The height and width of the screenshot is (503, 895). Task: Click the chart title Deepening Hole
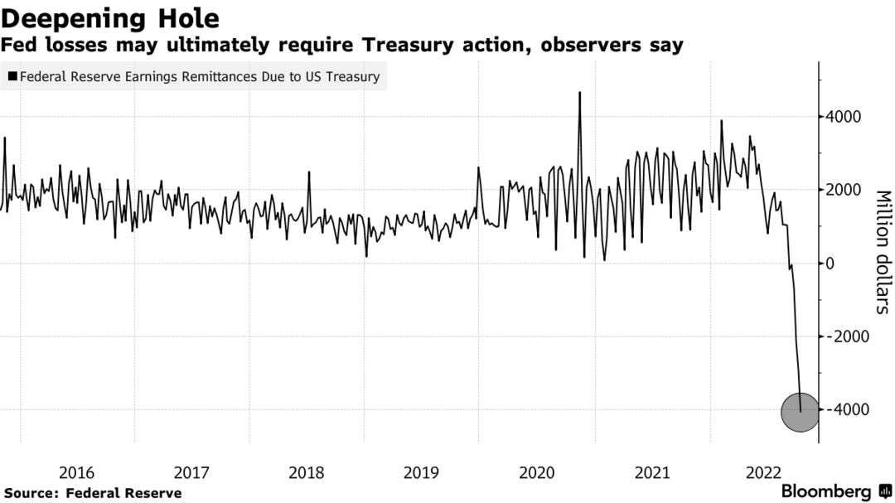(111, 17)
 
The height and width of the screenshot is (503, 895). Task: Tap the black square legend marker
(12, 77)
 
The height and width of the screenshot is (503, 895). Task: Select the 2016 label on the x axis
(76, 473)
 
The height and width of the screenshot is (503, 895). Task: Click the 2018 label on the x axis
(306, 473)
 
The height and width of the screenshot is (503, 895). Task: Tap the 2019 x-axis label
(421, 473)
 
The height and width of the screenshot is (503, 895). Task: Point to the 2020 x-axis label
(536, 473)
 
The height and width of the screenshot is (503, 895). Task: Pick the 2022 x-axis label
(765, 473)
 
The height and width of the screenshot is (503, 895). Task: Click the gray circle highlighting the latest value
(800, 412)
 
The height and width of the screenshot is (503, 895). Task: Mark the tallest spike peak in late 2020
(579, 93)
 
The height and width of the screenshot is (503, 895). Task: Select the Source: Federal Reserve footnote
(93, 493)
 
